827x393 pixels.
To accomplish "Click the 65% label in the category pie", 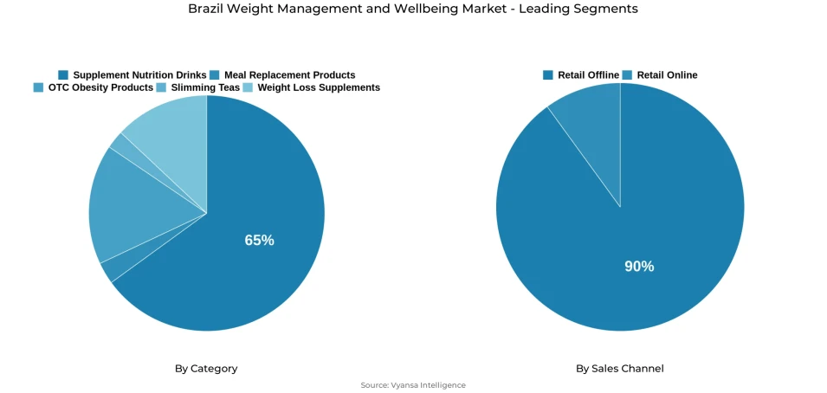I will coord(259,241).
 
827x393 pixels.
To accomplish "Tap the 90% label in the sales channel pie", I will coord(639,267).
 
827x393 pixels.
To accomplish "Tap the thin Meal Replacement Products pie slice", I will coord(107,271).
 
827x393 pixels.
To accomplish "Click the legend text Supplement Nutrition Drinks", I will coord(139,75).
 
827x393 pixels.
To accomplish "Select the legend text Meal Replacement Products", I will coord(289,75).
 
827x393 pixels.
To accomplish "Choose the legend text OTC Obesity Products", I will coord(100,87).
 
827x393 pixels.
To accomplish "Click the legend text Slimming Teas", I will coord(205,87).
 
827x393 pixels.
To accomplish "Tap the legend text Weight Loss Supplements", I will coord(319,87).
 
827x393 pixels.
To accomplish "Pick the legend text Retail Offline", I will coord(588,75).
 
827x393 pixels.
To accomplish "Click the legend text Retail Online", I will coord(667,75).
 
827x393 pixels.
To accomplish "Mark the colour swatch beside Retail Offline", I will coord(548,75).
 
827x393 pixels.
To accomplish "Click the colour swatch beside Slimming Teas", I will coord(162,87).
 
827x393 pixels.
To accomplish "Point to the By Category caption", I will coord(206,369).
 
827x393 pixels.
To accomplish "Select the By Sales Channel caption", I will coord(620,369).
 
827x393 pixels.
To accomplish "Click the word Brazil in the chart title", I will coord(205,9).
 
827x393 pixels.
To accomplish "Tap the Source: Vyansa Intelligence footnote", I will coord(413,385).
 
